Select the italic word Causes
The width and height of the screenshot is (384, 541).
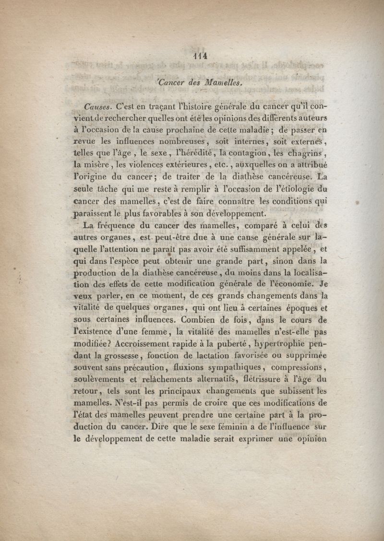click(97, 105)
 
